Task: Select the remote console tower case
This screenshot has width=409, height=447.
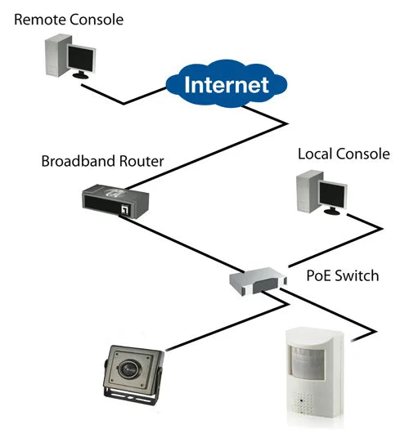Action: (55, 58)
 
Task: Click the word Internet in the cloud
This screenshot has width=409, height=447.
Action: (226, 84)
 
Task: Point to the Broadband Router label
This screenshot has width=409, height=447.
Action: (102, 161)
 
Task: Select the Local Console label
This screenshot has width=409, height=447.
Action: (344, 154)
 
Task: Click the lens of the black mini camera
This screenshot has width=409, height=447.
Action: (131, 369)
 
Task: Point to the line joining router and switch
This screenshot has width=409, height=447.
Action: (188, 245)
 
